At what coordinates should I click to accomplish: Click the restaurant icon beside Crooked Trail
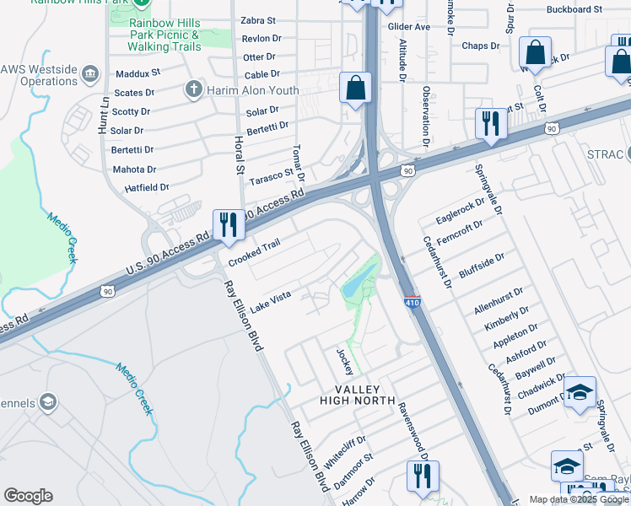229,224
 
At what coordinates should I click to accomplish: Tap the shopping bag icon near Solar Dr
356,88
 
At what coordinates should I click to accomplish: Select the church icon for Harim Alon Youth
193,89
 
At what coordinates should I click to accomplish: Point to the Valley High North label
357,394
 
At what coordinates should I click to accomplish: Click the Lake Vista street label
270,298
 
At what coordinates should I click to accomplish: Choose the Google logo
28,496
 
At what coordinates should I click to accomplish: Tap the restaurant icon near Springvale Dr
490,123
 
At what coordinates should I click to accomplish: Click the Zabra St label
259,20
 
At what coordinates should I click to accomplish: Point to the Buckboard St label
574,9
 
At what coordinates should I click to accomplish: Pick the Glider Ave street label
409,27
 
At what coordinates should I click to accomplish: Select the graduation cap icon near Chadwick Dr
580,392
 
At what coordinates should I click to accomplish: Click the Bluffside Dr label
482,266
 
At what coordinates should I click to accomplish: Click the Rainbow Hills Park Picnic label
165,35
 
